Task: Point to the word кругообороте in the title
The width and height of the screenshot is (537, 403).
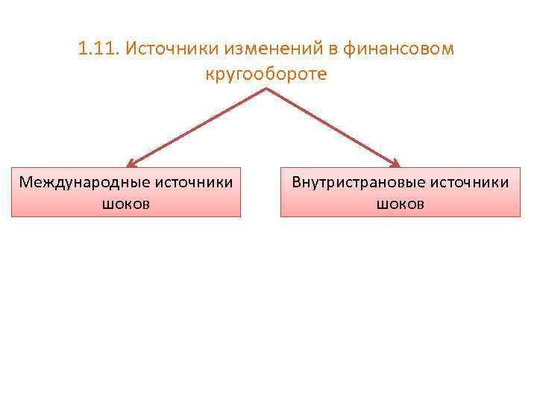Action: click(x=265, y=75)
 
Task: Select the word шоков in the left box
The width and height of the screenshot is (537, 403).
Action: click(x=126, y=203)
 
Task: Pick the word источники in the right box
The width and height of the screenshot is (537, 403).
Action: click(x=467, y=182)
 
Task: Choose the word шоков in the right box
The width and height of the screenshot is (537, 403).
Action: click(x=401, y=203)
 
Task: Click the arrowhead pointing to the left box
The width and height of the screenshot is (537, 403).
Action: click(x=132, y=163)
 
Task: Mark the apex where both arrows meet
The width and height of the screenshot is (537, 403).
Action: click(x=266, y=90)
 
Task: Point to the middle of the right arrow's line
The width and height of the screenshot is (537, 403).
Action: click(x=332, y=125)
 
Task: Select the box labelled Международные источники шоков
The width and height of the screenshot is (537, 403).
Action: click(x=126, y=193)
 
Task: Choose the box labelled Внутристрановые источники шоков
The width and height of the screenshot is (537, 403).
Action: click(x=401, y=193)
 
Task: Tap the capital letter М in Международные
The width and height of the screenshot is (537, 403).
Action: click(x=26, y=182)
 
